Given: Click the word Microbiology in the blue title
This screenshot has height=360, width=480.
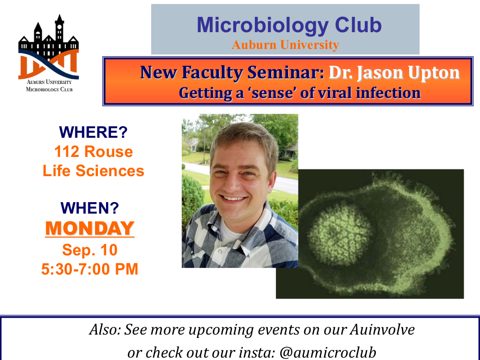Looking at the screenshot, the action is coord(263,25).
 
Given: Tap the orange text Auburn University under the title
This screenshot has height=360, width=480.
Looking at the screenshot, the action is coord(285,45).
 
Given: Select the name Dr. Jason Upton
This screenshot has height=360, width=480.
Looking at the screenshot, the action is coord(394,73).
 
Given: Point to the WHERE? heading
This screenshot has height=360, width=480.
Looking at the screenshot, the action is coord(94,132).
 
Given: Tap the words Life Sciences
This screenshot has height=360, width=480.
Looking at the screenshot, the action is coord(94,171).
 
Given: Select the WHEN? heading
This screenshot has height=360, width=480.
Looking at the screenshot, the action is coord(90,208).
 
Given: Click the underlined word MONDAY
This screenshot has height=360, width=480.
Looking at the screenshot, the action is coord(90,228).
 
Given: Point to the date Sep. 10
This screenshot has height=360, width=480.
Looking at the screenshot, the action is coord(90,250).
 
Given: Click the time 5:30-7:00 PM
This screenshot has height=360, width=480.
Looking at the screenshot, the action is coord(90,269).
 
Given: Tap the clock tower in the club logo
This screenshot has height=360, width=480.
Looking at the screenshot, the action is coord(60,29).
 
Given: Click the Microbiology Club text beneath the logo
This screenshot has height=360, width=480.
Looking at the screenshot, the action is coord(49,89).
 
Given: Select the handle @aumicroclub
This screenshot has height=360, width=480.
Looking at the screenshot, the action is coord(327,353).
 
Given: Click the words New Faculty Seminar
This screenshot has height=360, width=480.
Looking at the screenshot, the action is coord(232,73).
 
